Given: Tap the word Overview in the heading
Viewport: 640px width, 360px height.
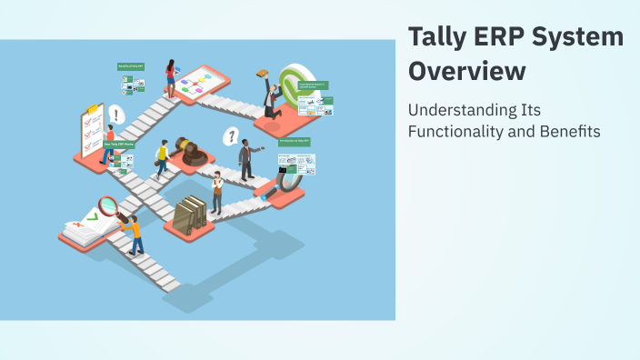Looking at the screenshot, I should tap(466, 72).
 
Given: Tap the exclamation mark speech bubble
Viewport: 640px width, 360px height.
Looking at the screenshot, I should tap(115, 115).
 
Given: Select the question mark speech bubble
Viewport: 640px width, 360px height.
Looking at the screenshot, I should tap(232, 137).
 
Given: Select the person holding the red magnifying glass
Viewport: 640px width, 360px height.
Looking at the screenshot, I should tap(132, 233).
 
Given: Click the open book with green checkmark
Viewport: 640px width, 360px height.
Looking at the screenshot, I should tap(87, 225).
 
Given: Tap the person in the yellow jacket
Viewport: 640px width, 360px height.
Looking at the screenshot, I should tap(163, 158).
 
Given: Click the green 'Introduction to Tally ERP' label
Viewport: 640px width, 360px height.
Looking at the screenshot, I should tap(295, 142).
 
